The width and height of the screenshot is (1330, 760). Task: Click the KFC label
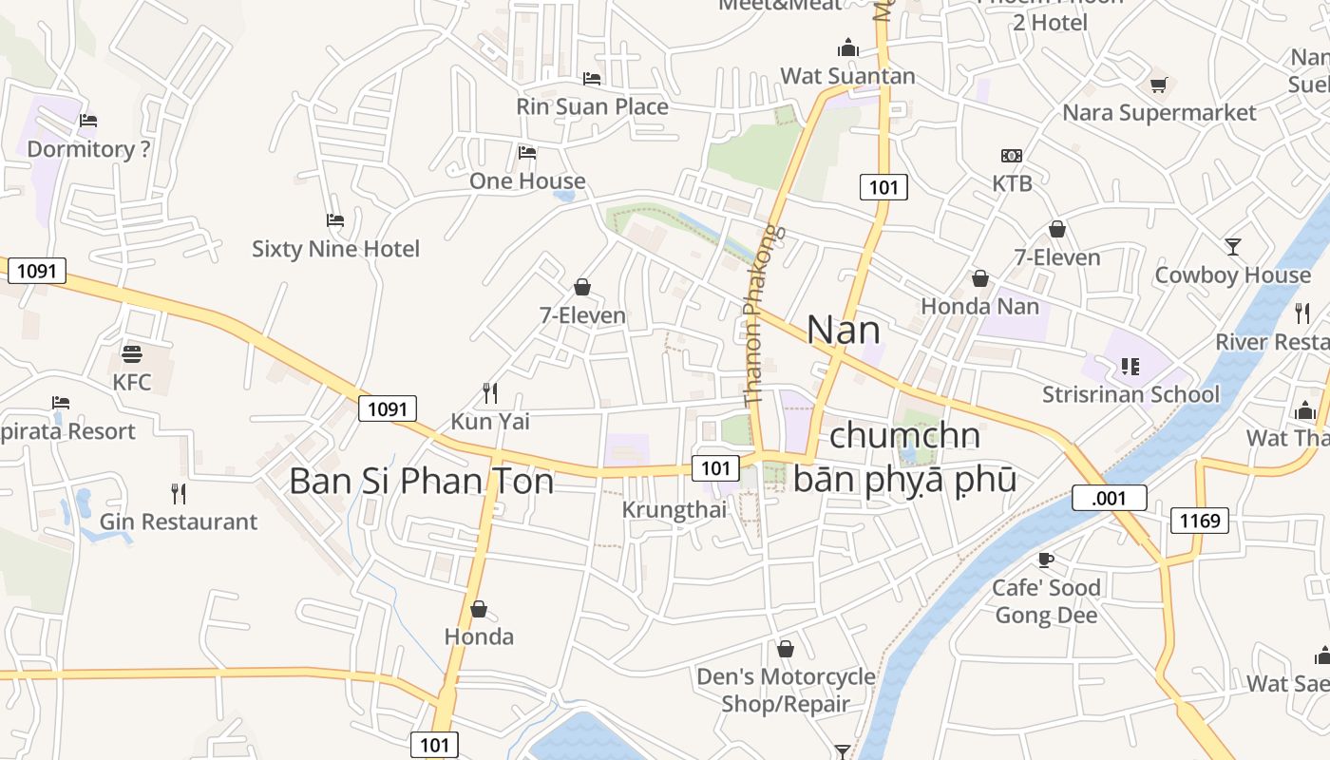point(132,382)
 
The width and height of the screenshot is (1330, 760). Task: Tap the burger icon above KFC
point(132,354)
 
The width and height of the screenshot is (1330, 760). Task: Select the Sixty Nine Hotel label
point(335,249)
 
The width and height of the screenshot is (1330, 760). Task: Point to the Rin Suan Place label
point(592,106)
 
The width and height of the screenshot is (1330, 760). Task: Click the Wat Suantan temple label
point(847,76)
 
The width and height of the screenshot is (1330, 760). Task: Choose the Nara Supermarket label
point(1159,113)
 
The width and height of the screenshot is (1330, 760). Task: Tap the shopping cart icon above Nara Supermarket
point(1158,85)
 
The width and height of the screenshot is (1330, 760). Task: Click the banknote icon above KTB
point(1012,156)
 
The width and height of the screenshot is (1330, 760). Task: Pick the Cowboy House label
point(1232,275)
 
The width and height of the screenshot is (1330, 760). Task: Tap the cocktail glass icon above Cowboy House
point(1233,247)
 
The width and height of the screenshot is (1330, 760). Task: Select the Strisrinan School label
point(1130,394)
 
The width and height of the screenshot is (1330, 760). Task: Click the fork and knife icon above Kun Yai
point(490,393)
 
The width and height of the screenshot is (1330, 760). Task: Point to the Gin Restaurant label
point(179,522)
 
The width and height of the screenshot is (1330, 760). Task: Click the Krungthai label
point(674,510)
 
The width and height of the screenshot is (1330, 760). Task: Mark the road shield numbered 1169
point(1199,520)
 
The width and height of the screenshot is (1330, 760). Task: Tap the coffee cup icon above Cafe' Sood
point(1046,560)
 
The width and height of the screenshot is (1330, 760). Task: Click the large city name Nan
point(843,330)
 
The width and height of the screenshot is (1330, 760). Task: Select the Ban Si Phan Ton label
point(421,482)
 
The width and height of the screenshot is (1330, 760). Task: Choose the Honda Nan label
point(979,307)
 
